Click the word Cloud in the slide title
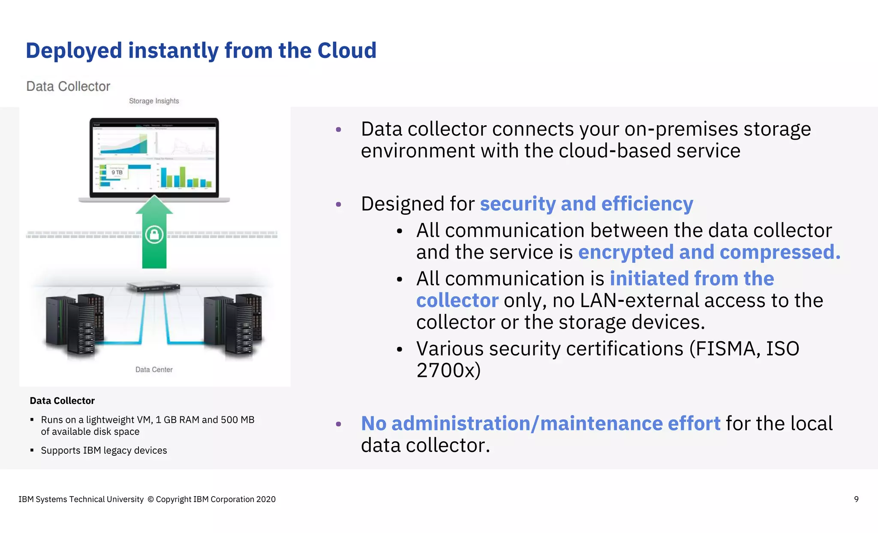346,51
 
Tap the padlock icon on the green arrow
154,235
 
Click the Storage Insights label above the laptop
154,101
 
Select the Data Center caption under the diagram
154,370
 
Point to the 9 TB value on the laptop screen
117,172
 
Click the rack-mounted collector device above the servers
153,287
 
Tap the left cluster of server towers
75,324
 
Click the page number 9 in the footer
856,499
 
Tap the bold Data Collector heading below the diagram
62,401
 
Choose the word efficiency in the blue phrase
647,204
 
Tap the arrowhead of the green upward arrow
154,205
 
